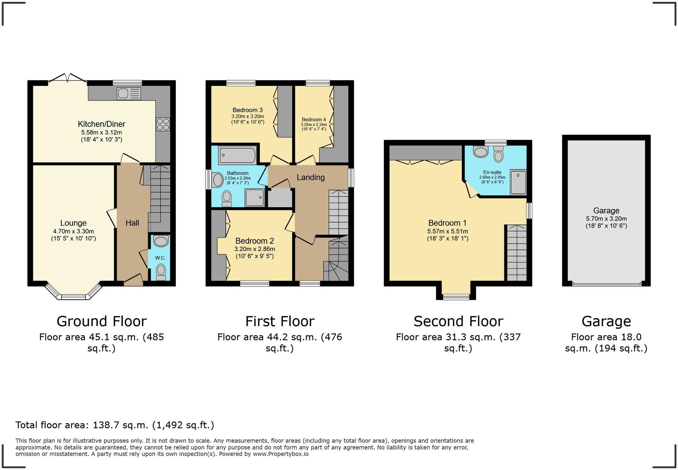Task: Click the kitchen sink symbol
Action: coord(129,94)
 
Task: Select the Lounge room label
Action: coord(73,223)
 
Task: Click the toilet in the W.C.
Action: coord(161,272)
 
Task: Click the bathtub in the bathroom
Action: coord(238,155)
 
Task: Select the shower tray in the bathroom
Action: coord(255,197)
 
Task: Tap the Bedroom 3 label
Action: coord(248,110)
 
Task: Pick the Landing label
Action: coord(311,177)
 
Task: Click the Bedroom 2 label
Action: coord(255,241)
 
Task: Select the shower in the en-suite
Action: coord(518,182)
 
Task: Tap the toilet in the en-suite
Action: coord(498,154)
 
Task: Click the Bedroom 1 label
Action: coord(447,223)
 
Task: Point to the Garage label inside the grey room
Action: coord(606,210)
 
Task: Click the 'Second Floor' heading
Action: coord(458,321)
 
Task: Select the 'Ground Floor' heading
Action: coord(101,321)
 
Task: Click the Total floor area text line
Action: coord(115,425)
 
